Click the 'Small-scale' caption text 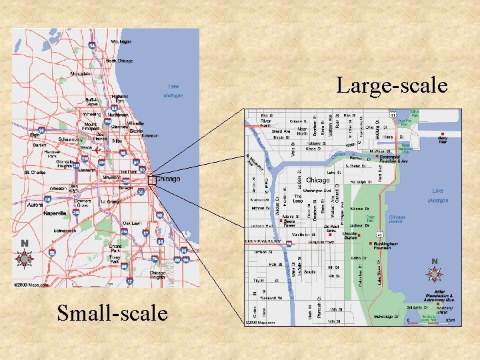pos(112,312)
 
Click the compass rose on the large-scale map pos(435,273)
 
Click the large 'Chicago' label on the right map pos(317,181)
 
